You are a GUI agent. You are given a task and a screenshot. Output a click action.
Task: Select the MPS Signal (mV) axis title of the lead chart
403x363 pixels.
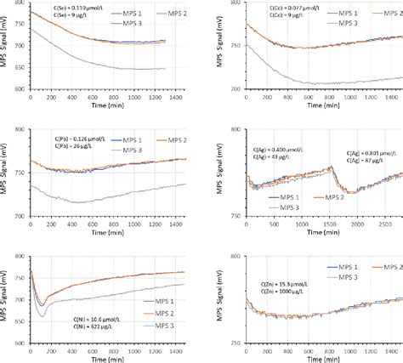(6, 173)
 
